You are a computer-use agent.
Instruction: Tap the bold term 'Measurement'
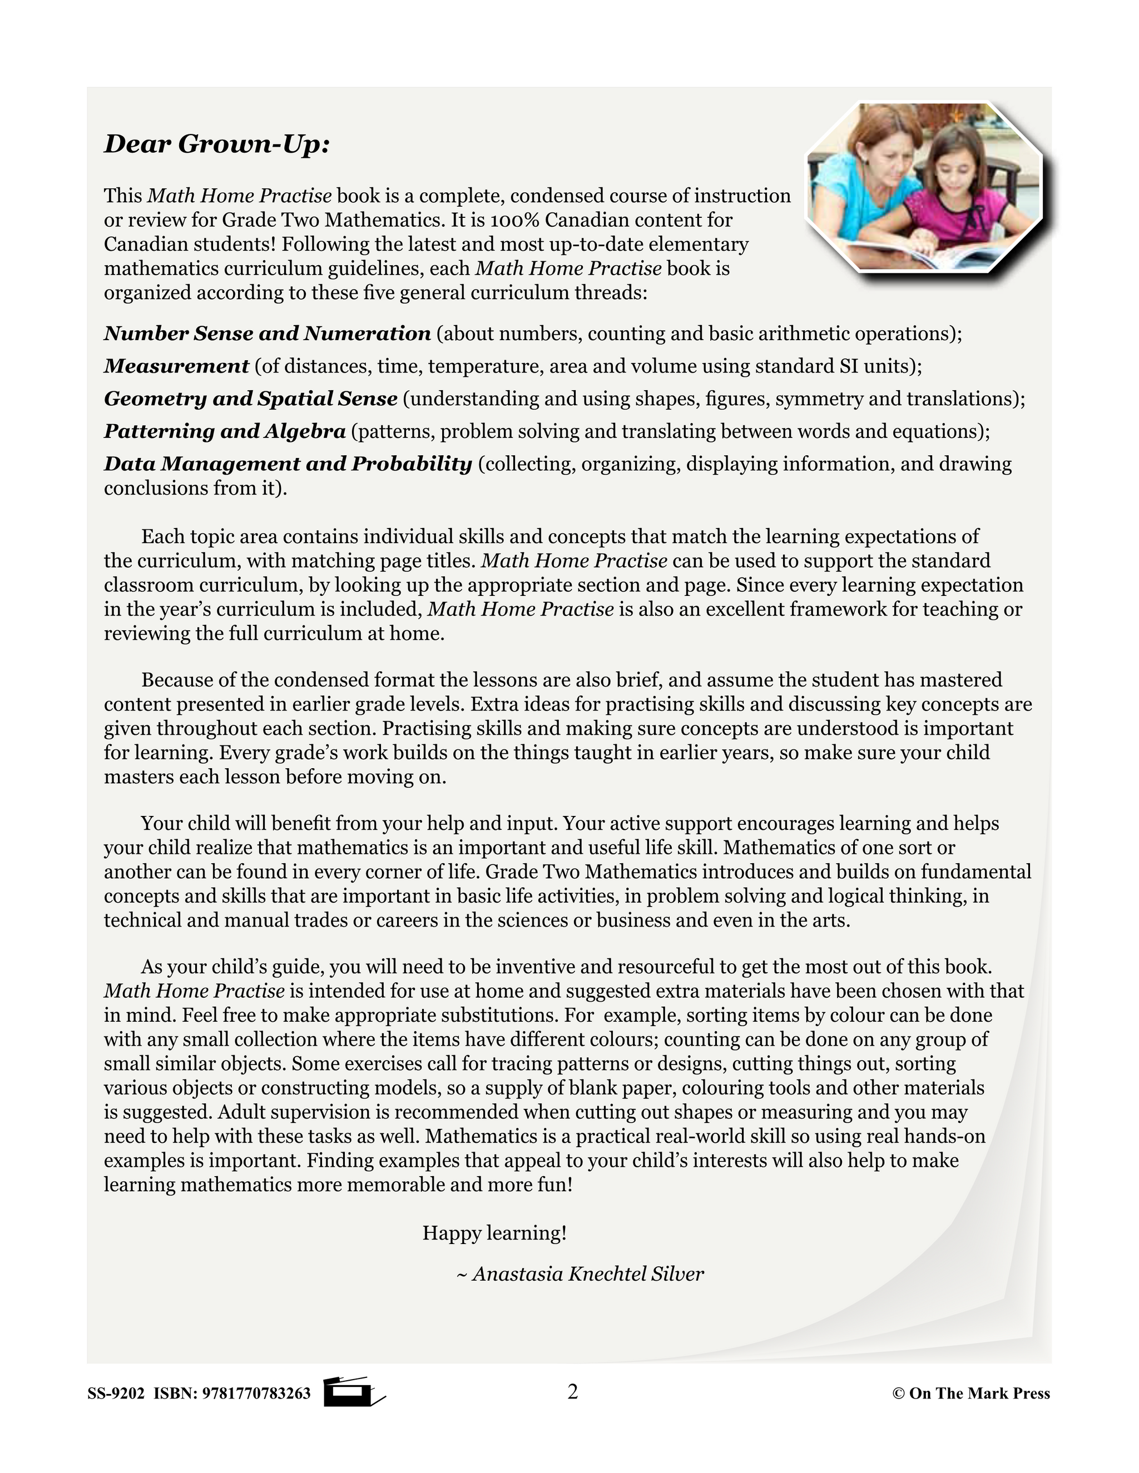click(x=176, y=366)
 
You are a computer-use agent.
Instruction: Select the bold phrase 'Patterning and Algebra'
click(x=225, y=431)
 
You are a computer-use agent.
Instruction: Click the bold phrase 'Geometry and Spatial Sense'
click(x=250, y=399)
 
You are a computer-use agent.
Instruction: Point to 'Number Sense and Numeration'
click(x=267, y=333)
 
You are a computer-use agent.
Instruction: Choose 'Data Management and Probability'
click(x=288, y=464)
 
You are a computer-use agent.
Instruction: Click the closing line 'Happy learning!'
click(x=494, y=1233)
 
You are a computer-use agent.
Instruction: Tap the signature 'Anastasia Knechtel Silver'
click(x=587, y=1273)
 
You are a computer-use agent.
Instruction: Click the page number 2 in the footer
click(x=573, y=1391)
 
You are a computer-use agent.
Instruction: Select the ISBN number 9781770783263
click(x=256, y=1394)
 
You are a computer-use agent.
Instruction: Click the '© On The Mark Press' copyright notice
click(x=971, y=1394)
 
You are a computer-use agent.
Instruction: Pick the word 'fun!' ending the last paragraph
click(x=554, y=1185)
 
